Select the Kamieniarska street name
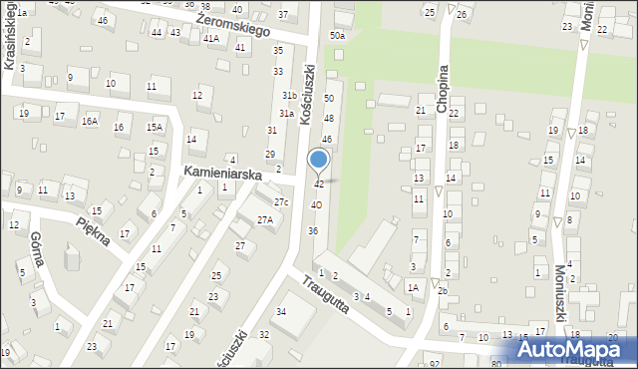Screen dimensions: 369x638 [x=221, y=174]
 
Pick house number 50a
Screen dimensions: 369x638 [x=338, y=36]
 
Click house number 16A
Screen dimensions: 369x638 [x=91, y=121]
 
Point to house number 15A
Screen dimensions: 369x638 [x=154, y=127]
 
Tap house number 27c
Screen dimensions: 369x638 [x=281, y=202]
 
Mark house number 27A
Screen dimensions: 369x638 [x=264, y=219]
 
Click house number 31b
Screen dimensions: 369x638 [x=289, y=95]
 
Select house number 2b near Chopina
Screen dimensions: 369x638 [x=443, y=290]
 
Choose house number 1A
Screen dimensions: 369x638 [x=412, y=286]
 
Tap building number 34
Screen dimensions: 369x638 [x=280, y=312]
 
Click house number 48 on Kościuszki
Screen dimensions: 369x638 [x=328, y=119]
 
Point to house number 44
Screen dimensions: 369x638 [x=157, y=33]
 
